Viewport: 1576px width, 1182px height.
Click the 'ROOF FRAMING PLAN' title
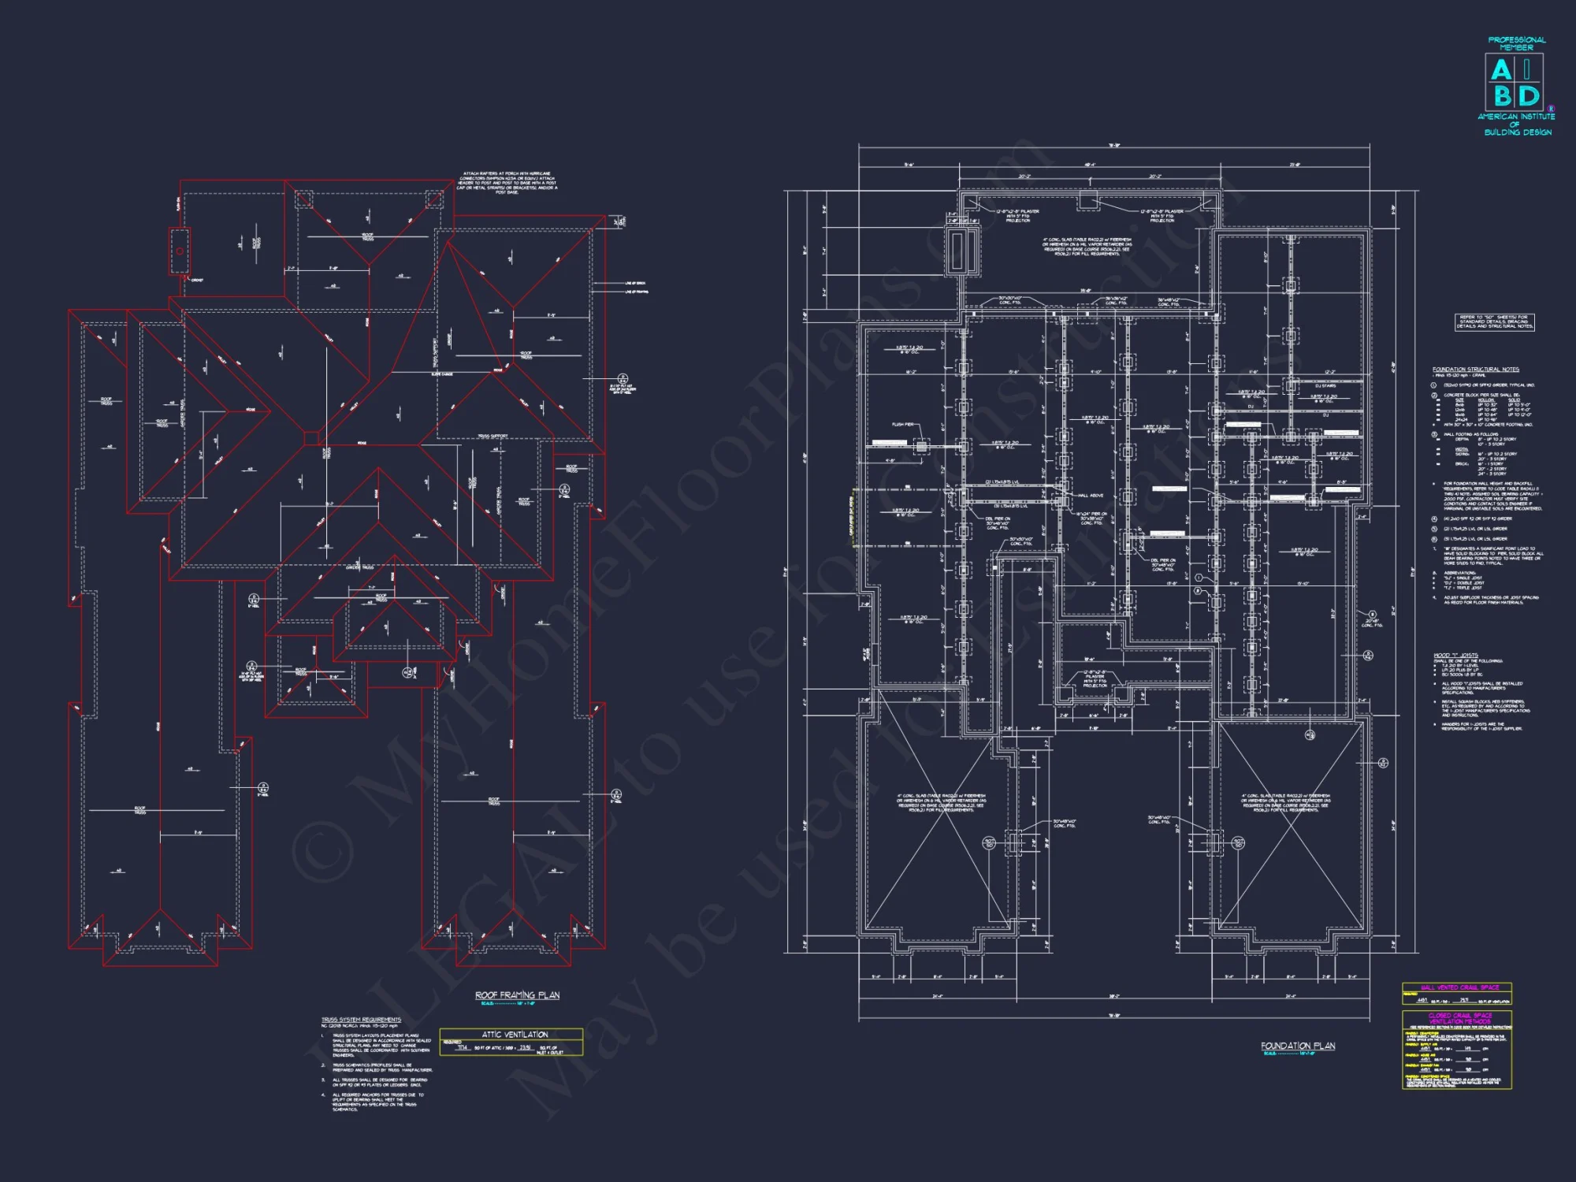(x=517, y=995)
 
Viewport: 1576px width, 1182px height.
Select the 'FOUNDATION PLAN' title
(x=1298, y=1046)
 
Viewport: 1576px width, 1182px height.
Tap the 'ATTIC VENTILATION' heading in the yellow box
(x=515, y=1034)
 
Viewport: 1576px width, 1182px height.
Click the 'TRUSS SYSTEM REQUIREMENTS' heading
(x=361, y=1020)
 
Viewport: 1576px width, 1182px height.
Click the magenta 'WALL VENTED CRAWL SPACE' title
(x=1459, y=987)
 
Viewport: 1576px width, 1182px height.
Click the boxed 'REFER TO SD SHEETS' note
(x=1494, y=322)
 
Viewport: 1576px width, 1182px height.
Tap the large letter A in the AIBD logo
(x=1501, y=71)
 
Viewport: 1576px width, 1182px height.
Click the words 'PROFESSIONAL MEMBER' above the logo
(x=1516, y=43)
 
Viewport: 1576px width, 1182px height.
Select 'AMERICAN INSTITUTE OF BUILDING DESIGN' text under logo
(x=1516, y=125)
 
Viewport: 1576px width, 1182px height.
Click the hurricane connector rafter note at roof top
(x=507, y=182)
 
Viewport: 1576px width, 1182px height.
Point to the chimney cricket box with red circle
(x=180, y=251)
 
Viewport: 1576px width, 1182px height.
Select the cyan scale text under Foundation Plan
(x=1288, y=1054)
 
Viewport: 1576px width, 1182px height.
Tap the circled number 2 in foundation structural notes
(x=1434, y=396)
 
